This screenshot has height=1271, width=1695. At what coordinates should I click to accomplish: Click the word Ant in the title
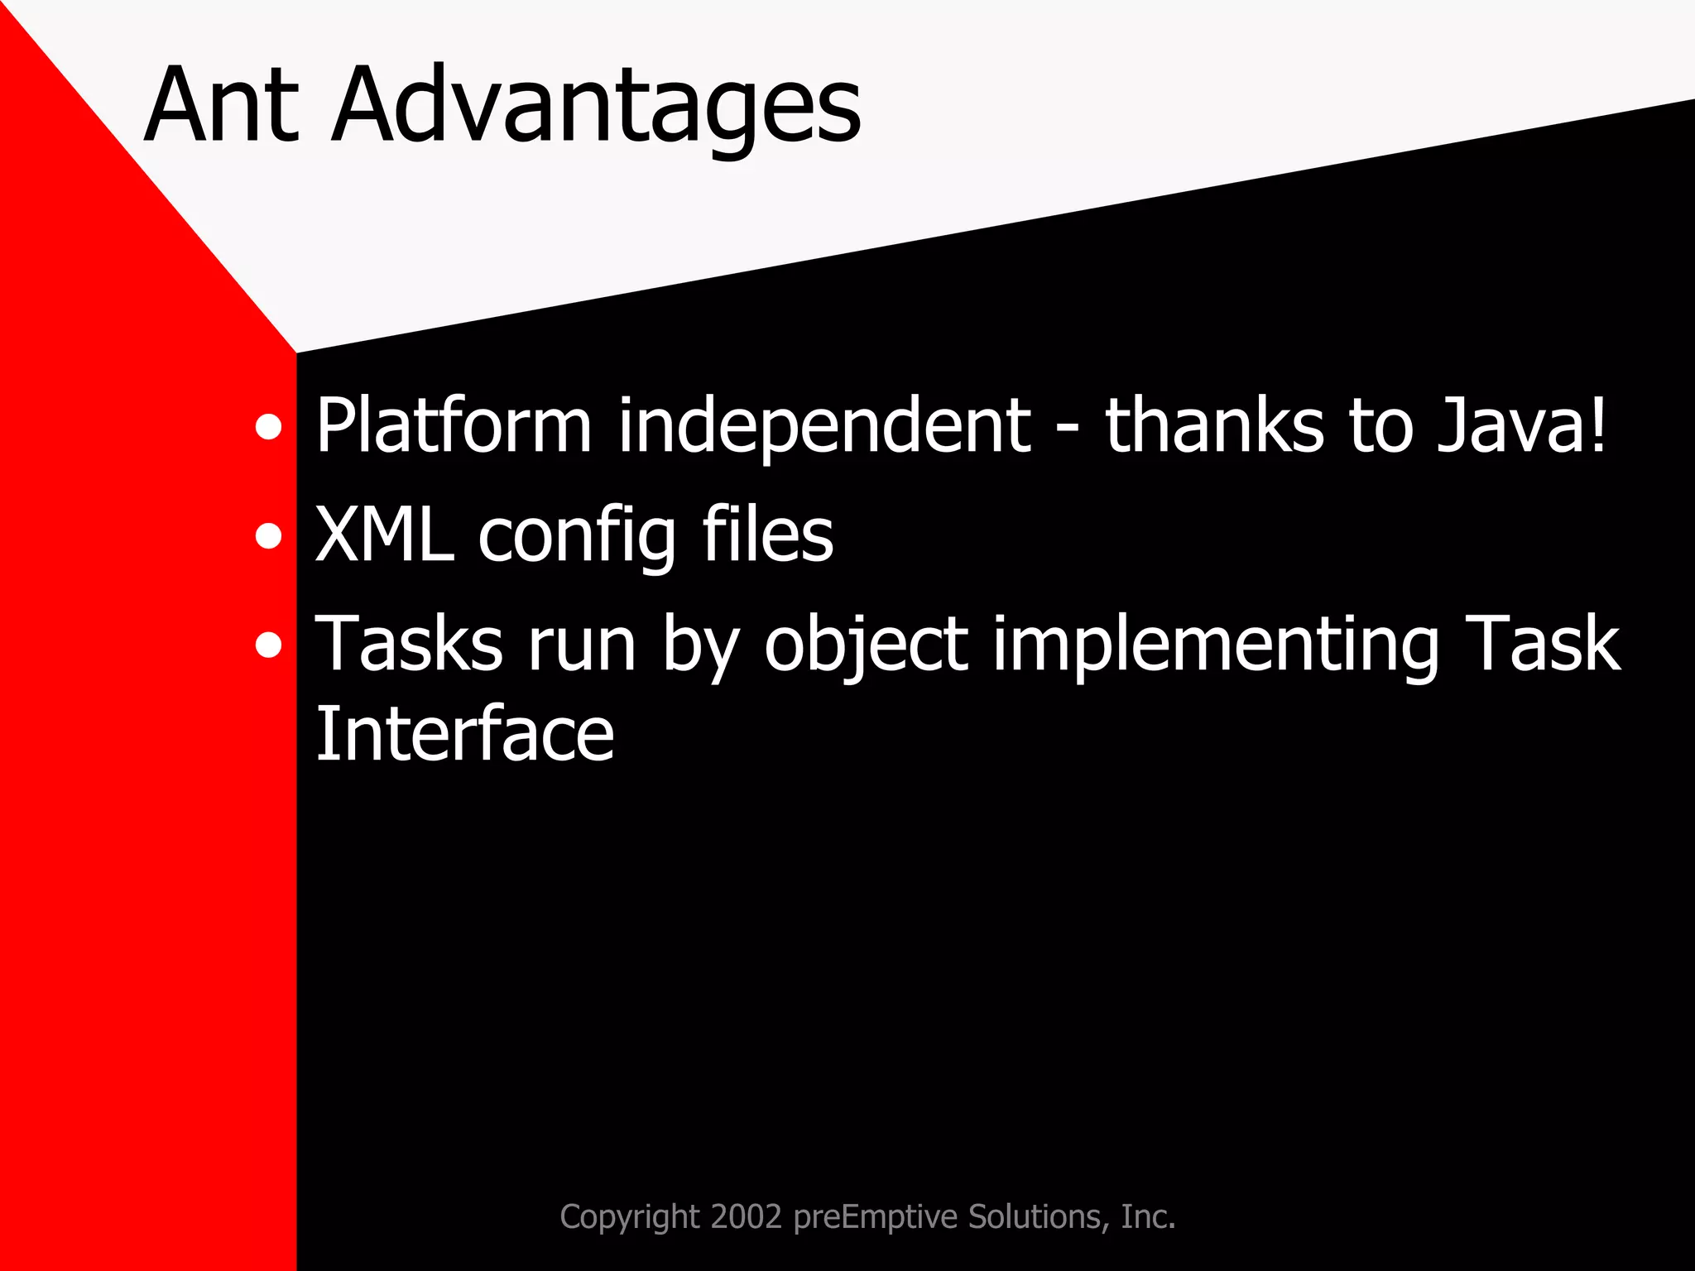[x=221, y=106]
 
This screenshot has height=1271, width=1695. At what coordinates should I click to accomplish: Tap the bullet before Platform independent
[x=268, y=427]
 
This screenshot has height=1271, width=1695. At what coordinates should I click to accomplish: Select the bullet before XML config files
[x=268, y=536]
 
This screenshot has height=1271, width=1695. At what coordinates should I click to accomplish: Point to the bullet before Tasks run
[x=268, y=645]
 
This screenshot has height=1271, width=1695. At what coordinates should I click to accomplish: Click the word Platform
[x=454, y=425]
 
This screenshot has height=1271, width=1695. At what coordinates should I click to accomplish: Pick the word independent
[x=824, y=427]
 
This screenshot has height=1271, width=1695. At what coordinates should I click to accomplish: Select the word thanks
[x=1214, y=425]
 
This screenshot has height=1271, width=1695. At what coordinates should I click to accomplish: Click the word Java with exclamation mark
[x=1521, y=425]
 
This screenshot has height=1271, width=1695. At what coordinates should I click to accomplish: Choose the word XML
[x=385, y=535]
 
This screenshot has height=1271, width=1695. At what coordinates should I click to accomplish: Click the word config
[x=577, y=538]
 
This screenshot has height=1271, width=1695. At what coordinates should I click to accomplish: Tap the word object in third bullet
[x=866, y=645]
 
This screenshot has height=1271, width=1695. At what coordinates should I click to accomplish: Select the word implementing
[x=1216, y=645]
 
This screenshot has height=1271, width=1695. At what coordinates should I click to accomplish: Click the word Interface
[x=464, y=734]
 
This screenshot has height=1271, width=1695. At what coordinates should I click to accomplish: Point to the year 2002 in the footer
[x=746, y=1216]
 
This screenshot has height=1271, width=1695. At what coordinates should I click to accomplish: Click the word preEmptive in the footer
[x=876, y=1217]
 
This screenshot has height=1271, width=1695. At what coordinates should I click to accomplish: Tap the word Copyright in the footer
[x=630, y=1217]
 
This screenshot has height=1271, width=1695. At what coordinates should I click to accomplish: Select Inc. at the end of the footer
[x=1148, y=1216]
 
